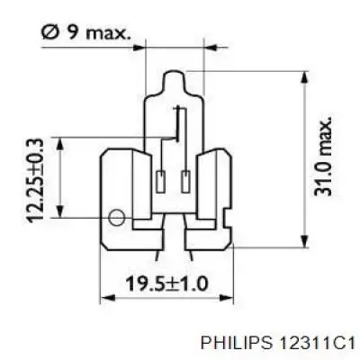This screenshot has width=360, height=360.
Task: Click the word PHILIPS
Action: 238,343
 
